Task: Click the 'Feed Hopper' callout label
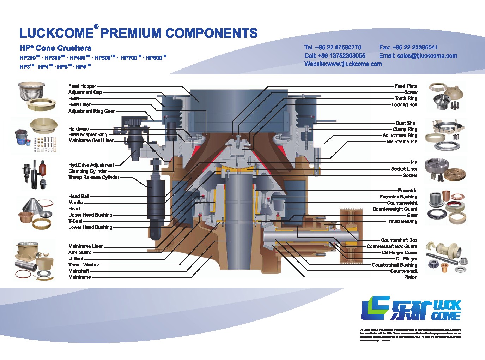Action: pyautogui.click(x=82, y=86)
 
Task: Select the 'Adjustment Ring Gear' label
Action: pyautogui.click(x=92, y=111)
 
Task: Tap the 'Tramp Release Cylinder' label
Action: pyautogui.click(x=94, y=177)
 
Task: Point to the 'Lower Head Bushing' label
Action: pyautogui.click(x=90, y=227)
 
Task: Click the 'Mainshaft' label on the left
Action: pyautogui.click(x=79, y=271)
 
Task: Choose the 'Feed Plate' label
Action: pyautogui.click(x=406, y=86)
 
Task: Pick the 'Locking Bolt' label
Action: pyautogui.click(x=404, y=104)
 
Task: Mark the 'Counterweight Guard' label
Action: pyautogui.click(x=395, y=209)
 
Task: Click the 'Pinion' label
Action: pyautogui.click(x=411, y=277)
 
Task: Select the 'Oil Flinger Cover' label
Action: pyautogui.click(x=399, y=253)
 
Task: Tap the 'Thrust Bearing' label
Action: pyautogui.click(x=402, y=221)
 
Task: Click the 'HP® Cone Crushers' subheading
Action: pyautogui.click(x=55, y=48)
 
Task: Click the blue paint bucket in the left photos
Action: pyautogui.click(x=23, y=138)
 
